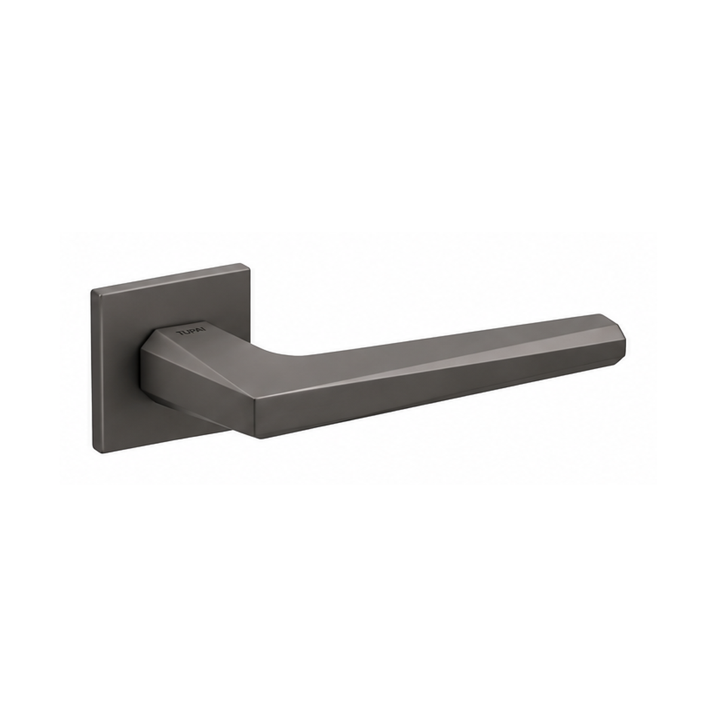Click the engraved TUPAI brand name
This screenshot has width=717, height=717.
pyautogui.click(x=191, y=332)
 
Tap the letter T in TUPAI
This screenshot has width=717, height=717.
pyautogui.click(x=179, y=333)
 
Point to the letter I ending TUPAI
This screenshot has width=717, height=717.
pyautogui.click(x=204, y=329)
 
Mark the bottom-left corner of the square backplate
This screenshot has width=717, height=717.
pyautogui.click(x=93, y=453)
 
